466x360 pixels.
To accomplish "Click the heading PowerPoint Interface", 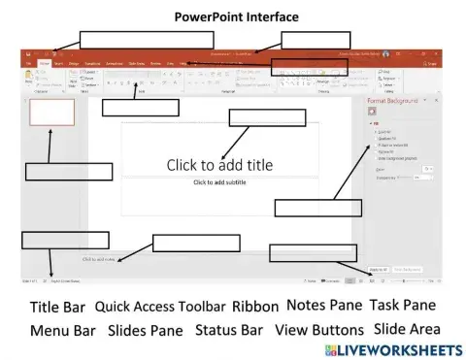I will pos(237,16).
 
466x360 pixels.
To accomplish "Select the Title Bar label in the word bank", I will pos(57,307).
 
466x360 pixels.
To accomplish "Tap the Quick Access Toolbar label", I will pos(160,306).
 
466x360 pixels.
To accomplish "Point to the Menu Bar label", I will pos(62,330).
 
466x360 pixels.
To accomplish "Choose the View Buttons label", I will pos(318,330).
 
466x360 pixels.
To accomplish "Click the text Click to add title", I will pos(219,165).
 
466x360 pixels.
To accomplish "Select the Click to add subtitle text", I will pos(219,182).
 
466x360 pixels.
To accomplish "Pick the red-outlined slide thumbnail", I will pos(51,112).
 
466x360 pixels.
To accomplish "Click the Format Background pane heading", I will pos(392,101).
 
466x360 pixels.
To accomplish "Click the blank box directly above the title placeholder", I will pos(253,117).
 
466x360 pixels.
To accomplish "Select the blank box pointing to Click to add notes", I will pos(195,243).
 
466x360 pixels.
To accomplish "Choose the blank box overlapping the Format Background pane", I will pos(304,207).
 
